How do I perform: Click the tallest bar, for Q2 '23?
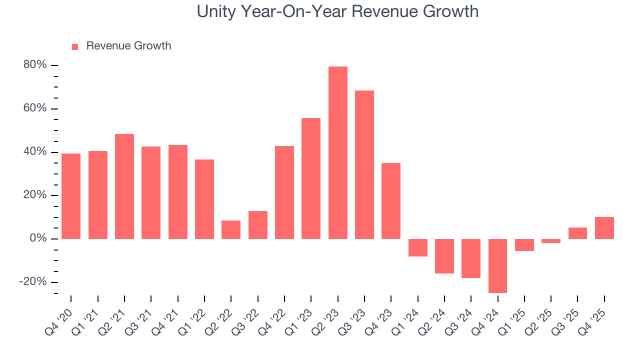click(x=338, y=152)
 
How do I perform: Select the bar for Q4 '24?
click(x=498, y=265)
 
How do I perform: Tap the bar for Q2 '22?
click(x=231, y=229)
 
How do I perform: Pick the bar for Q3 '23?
click(x=364, y=164)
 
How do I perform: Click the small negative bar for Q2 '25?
click(x=551, y=241)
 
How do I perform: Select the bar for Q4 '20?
click(x=71, y=196)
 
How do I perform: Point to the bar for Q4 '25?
click(x=604, y=228)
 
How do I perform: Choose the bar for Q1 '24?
click(x=418, y=247)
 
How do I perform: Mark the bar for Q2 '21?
click(x=124, y=186)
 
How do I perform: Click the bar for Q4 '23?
click(x=391, y=201)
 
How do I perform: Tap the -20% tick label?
click(x=33, y=282)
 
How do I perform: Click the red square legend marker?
click(x=75, y=46)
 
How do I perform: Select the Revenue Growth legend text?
click(x=128, y=46)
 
